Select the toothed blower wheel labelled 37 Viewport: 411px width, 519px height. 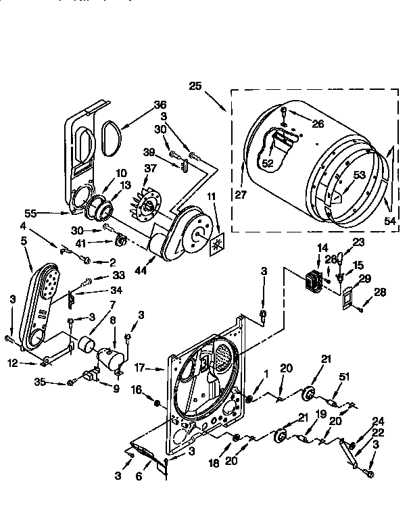[x=147, y=201]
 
